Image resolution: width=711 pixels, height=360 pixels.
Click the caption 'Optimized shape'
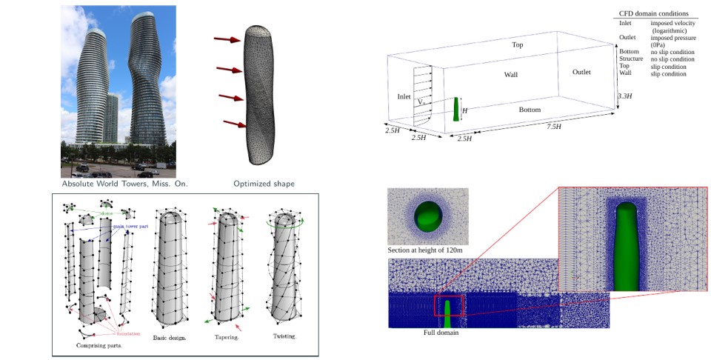pyautogui.click(x=264, y=184)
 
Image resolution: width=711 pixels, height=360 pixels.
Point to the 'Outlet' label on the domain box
pyautogui.click(x=581, y=72)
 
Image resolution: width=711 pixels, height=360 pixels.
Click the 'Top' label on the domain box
pyautogui.click(x=518, y=45)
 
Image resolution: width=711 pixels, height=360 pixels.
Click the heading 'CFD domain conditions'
pyautogui.click(x=654, y=13)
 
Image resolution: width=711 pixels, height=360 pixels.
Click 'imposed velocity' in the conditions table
pyautogui.click(x=672, y=24)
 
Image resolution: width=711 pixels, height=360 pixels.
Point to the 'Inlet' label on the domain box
pyautogui.click(x=404, y=96)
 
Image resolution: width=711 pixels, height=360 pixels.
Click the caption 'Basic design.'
pyautogui.click(x=170, y=338)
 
